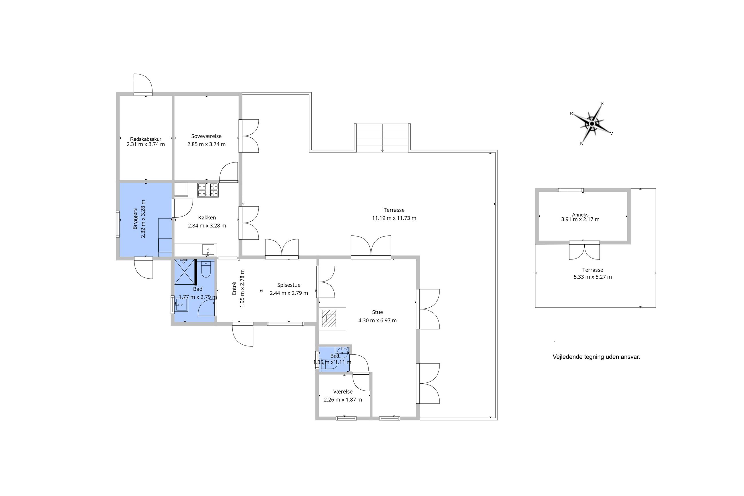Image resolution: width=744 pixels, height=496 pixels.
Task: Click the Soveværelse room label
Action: pyautogui.click(x=206, y=136)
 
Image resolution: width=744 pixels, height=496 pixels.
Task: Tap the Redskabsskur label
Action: pyautogui.click(x=146, y=139)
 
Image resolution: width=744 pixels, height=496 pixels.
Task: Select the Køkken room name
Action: pyautogui.click(x=207, y=218)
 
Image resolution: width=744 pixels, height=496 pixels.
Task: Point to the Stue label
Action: pyautogui.click(x=377, y=312)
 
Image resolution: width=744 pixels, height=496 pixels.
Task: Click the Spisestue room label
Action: pyautogui.click(x=289, y=285)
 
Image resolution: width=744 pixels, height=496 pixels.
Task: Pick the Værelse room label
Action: pyautogui.click(x=343, y=392)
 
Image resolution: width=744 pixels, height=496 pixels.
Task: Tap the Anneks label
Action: pyautogui.click(x=580, y=215)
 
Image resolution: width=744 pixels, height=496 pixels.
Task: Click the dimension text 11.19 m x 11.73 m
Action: pyautogui.click(x=394, y=218)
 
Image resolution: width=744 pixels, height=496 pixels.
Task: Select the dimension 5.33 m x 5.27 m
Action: pyautogui.click(x=593, y=277)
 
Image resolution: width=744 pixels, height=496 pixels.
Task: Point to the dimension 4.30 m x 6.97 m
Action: pyautogui.click(x=377, y=320)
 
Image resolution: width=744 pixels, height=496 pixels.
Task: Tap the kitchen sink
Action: pyautogui.click(x=208, y=250)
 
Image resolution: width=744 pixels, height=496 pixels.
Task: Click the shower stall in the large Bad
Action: pyautogui.click(x=185, y=272)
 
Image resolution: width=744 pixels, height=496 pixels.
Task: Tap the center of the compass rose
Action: pyautogui.click(x=592, y=124)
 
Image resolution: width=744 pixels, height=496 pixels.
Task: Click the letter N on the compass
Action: pyautogui.click(x=582, y=144)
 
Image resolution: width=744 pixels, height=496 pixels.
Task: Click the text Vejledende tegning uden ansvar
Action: pyautogui.click(x=596, y=357)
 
